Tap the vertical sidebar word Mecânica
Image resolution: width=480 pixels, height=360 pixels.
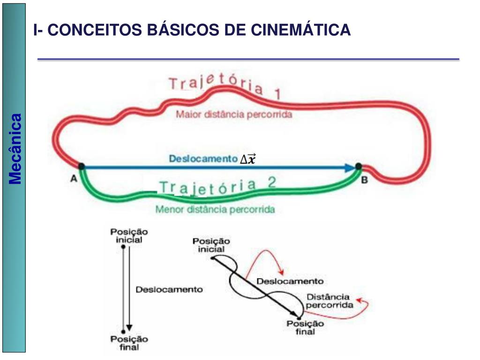[x=16, y=149]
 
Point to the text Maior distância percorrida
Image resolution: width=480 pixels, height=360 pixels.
[x=234, y=114]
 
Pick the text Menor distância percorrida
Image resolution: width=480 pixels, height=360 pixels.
[x=215, y=209]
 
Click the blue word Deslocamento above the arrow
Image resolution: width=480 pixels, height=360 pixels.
[x=203, y=158]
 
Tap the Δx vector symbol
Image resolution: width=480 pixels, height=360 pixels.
[x=247, y=159]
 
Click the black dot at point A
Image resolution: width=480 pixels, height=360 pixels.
[x=81, y=166]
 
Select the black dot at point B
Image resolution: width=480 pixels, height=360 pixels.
[x=359, y=166]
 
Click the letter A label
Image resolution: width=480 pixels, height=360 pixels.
[x=74, y=178]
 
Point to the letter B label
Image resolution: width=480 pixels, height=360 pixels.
[x=364, y=180]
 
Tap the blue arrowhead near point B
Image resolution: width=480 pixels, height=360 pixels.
[x=350, y=167]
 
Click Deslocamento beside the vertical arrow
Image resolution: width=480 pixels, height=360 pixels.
[x=169, y=289]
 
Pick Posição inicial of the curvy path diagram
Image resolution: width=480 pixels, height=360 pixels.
[x=211, y=245]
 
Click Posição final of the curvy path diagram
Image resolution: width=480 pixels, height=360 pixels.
[x=305, y=327]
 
